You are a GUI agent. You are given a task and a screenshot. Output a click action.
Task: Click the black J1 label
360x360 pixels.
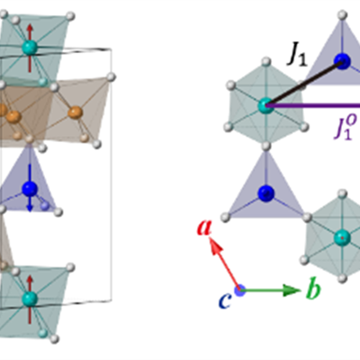(x=297, y=56)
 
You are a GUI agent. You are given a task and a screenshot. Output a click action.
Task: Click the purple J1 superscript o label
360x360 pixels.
(x=345, y=128)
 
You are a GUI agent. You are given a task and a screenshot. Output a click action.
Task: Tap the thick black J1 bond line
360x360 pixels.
(x=304, y=84)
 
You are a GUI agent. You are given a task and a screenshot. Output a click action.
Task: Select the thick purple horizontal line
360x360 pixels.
(x=313, y=105)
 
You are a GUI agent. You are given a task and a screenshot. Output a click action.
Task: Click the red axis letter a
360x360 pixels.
(x=204, y=227)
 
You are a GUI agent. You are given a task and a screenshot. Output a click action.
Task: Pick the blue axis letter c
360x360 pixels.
(x=225, y=301)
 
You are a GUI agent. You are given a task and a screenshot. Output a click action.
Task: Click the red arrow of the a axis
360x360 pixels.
(x=224, y=264)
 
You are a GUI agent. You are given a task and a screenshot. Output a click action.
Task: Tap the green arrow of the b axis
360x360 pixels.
(x=270, y=291)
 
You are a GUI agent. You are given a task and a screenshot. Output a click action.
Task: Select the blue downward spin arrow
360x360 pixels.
(x=30, y=187)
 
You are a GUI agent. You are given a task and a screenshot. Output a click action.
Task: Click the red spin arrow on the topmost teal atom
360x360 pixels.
(x=30, y=49)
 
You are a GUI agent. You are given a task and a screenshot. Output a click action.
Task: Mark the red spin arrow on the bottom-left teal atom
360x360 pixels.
(x=30, y=300)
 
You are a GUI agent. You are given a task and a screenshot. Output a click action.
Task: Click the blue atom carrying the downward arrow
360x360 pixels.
(x=30, y=189)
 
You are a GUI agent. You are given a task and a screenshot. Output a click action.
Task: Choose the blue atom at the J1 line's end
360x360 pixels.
(x=342, y=61)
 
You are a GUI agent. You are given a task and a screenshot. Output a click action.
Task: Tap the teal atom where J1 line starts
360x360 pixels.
(x=265, y=106)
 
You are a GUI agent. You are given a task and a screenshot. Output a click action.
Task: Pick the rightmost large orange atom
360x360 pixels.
(x=75, y=112)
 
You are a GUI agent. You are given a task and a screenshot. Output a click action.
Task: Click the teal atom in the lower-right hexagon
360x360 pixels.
(x=342, y=238)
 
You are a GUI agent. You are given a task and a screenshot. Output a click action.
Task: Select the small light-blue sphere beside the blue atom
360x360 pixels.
(x=45, y=206)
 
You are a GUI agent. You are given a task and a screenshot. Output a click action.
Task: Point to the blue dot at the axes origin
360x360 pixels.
(x=240, y=291)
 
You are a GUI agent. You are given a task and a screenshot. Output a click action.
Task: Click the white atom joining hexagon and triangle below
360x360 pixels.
(x=266, y=147)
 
